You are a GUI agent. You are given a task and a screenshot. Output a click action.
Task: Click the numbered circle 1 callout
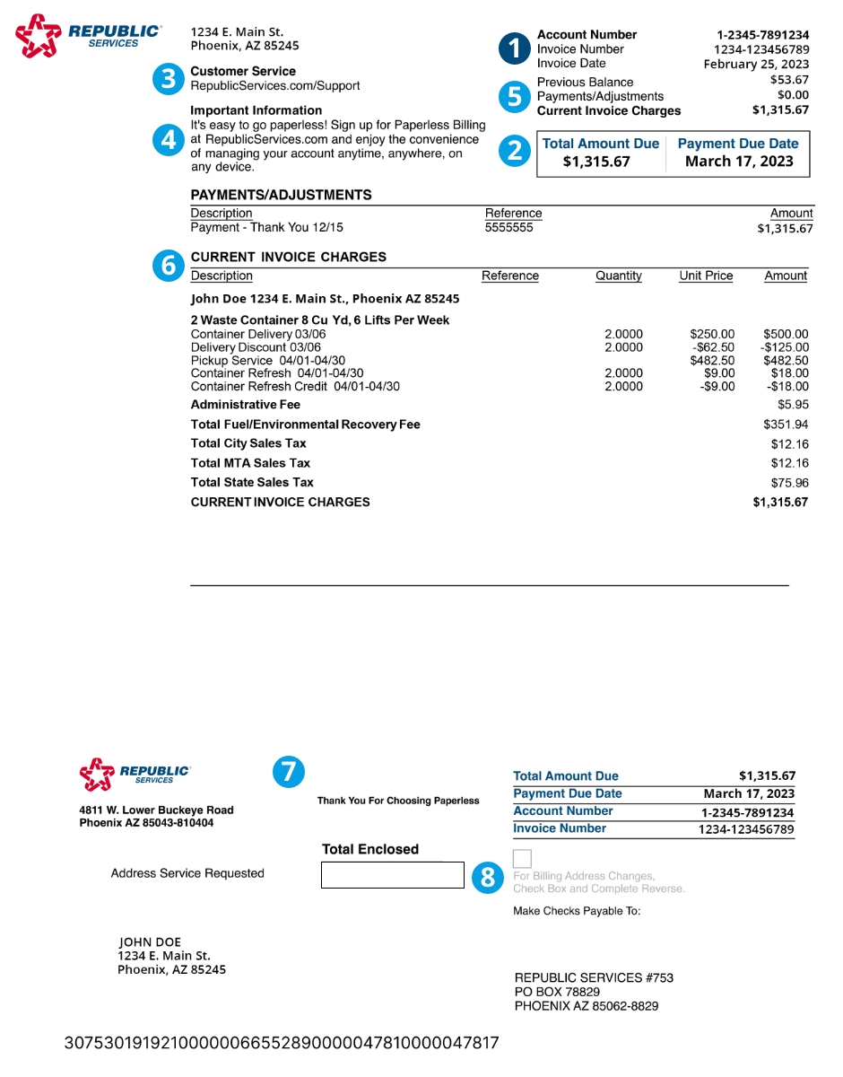tap(515, 48)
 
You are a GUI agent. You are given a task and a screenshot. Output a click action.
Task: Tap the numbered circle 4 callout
tap(168, 140)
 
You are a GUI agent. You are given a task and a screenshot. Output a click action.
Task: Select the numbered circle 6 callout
tap(168, 265)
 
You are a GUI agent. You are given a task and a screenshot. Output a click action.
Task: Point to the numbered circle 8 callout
tap(487, 877)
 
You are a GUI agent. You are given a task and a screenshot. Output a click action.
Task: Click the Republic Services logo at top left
tap(88, 36)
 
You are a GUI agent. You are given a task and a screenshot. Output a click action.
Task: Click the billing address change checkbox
tap(522, 857)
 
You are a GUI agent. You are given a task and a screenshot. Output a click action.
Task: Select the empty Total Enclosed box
tap(392, 875)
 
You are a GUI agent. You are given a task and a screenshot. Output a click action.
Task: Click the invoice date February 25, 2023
tap(756, 64)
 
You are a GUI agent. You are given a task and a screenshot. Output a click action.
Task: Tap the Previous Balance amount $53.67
tap(789, 80)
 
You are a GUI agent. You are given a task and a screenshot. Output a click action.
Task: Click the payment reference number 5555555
tap(508, 228)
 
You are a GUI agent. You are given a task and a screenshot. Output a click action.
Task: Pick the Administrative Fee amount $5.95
tap(793, 405)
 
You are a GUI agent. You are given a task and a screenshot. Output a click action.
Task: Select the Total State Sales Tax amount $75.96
tap(790, 483)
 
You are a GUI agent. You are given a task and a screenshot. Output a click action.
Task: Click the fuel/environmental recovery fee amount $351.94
tap(786, 425)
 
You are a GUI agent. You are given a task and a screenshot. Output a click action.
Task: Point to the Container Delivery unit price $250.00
tap(712, 334)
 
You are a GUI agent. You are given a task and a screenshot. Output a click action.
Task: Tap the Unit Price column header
tap(706, 276)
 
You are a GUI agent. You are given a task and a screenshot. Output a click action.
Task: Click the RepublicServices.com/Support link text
tap(275, 86)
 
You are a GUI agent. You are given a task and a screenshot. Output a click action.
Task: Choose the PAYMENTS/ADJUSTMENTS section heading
tap(281, 195)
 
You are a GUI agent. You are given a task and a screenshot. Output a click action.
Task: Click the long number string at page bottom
tap(282, 1043)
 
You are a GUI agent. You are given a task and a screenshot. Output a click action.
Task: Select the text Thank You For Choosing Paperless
tap(398, 801)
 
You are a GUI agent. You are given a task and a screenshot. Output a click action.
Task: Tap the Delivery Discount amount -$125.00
tap(785, 347)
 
